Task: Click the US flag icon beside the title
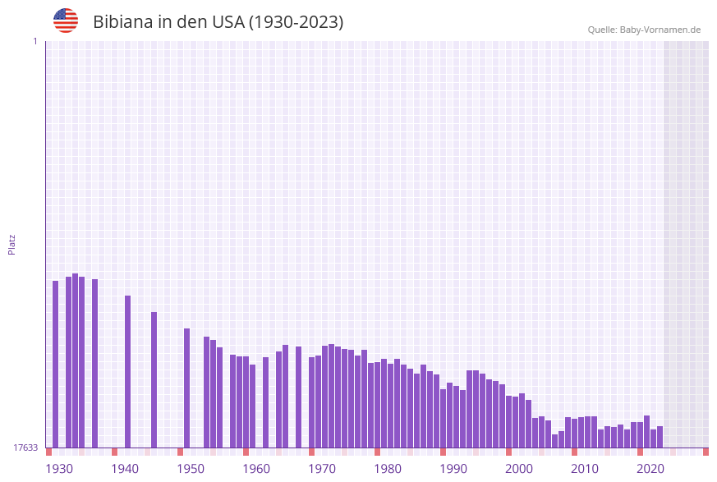click(66, 21)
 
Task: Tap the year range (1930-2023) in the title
click(296, 22)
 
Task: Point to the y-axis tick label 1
click(34, 41)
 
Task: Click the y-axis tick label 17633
click(25, 448)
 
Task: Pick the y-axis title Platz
click(12, 244)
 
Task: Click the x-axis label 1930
click(59, 469)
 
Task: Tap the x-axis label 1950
click(191, 469)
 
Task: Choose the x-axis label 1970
click(322, 469)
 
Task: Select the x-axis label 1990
click(453, 469)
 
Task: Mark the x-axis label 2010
click(585, 469)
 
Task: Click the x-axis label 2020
click(650, 469)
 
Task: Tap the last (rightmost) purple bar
click(660, 437)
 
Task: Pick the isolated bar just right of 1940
click(128, 371)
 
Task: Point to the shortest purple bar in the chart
click(554, 441)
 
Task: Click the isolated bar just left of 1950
click(186, 388)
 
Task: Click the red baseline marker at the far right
click(706, 452)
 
